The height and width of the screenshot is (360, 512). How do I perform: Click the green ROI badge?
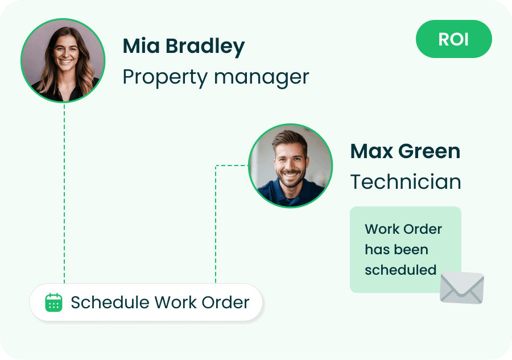(453, 39)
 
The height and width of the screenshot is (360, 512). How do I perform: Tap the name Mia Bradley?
(184, 46)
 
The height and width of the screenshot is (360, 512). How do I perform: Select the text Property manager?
(216, 77)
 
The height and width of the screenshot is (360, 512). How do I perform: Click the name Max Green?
(405, 151)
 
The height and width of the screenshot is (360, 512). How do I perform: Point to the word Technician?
(406, 182)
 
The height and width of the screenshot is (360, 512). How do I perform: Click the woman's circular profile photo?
(63, 60)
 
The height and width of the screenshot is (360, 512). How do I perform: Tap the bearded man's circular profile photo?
(290, 165)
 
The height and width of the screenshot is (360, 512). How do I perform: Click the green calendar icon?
(53, 303)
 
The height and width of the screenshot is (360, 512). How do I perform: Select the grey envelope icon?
(462, 288)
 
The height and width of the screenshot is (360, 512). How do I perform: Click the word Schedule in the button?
(110, 302)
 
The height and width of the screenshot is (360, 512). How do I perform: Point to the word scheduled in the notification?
(400, 270)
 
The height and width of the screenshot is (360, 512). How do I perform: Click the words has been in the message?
(397, 250)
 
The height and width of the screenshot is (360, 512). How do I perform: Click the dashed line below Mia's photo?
(64, 193)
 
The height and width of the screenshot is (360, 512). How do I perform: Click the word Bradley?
(205, 46)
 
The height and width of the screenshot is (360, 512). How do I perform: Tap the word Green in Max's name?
(430, 151)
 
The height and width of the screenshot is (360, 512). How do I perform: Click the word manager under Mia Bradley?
(261, 78)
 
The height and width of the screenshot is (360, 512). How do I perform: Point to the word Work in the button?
(175, 302)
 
